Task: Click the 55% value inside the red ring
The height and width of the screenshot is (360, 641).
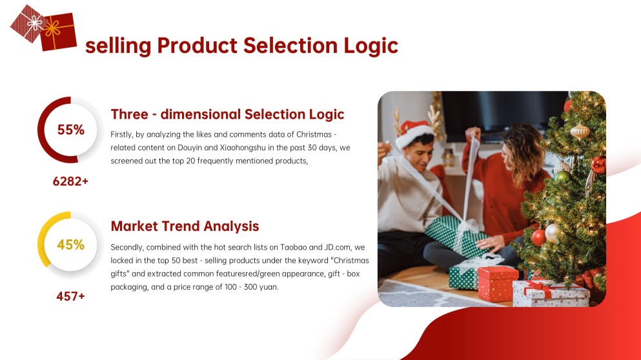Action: tap(71, 130)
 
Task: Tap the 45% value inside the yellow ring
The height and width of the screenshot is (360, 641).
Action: tap(71, 245)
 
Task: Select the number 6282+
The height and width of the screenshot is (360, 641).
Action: tap(70, 181)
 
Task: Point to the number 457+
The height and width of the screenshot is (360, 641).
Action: tap(70, 296)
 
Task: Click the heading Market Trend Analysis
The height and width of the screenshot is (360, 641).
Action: tap(185, 226)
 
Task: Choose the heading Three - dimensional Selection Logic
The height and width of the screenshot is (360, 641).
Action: tap(227, 114)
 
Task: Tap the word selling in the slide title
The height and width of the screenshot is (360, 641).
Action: tap(118, 46)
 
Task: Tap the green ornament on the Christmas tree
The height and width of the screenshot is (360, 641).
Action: tap(563, 177)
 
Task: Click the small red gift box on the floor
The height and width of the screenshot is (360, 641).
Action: tap(498, 283)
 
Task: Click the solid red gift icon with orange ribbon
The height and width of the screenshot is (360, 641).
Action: tap(59, 32)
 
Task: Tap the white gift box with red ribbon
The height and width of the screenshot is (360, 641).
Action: tap(551, 292)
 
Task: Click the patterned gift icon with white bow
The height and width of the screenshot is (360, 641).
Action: tap(28, 24)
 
